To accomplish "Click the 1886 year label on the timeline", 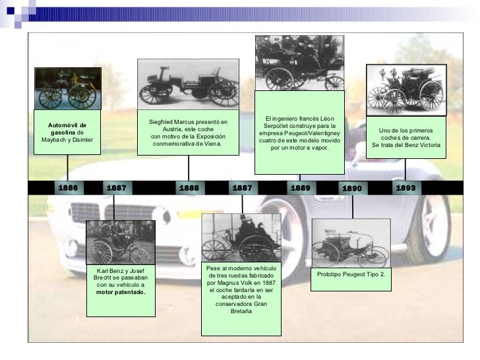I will click(x=67, y=188).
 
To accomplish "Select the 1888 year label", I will click(x=189, y=188).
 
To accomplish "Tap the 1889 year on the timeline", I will click(x=300, y=188).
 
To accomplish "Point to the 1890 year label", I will click(x=352, y=189).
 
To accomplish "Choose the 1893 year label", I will click(x=405, y=188).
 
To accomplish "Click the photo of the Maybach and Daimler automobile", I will click(x=67, y=88).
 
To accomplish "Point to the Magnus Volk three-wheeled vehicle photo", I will click(x=241, y=237).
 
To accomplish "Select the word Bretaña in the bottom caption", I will click(x=241, y=311).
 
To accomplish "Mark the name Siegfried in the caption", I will click(x=163, y=122).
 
